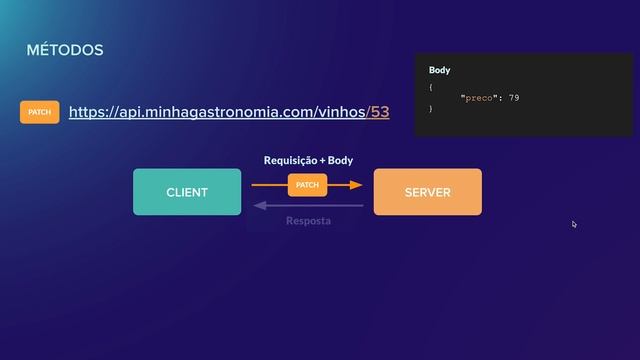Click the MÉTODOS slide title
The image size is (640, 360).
tap(65, 50)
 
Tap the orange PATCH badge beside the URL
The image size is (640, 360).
tap(40, 112)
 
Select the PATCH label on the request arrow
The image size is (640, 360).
tap(307, 185)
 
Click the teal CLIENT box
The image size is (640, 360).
tap(187, 192)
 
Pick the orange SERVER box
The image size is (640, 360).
tap(427, 192)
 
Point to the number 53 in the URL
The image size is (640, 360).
tap(380, 112)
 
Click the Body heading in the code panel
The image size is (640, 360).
tap(440, 70)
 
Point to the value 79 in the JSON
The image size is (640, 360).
tap(513, 98)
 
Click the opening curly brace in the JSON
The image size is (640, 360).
tap(431, 87)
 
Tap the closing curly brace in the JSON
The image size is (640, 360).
tap(431, 108)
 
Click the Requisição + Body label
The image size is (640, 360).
tap(308, 160)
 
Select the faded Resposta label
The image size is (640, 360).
tap(308, 220)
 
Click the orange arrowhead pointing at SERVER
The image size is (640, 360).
tap(357, 185)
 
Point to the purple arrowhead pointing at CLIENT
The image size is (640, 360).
tap(258, 206)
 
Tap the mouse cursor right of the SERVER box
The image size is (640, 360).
tap(574, 224)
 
